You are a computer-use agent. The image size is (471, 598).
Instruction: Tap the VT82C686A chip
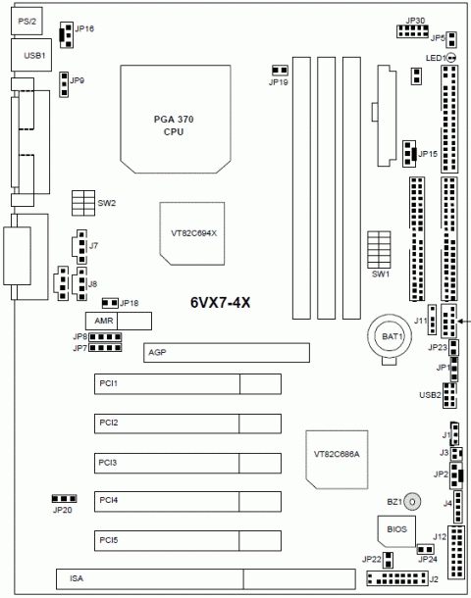coord(336,456)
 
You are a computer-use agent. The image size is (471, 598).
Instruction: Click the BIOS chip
coord(396,529)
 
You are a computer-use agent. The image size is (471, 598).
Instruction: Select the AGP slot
coord(225,352)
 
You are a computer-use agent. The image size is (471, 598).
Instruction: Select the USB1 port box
coord(33,56)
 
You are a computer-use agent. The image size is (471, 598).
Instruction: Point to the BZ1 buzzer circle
coord(412,501)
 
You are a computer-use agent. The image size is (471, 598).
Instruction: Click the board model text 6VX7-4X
coord(221,303)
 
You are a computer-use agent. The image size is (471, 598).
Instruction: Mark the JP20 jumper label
coord(62,511)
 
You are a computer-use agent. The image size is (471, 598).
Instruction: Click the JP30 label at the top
coord(414,20)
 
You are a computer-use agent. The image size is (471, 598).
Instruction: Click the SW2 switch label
coord(107,203)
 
